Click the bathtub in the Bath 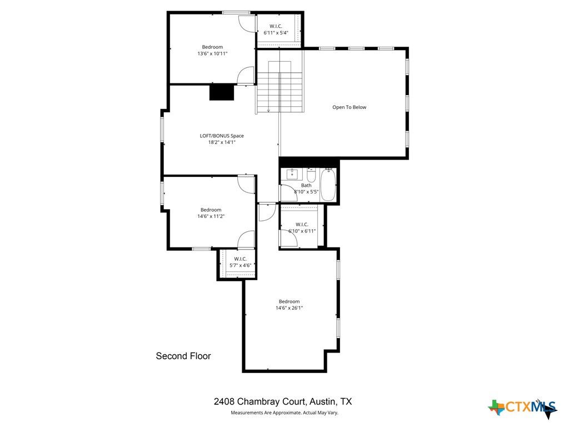point(328,186)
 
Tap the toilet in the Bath point(311,176)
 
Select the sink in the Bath point(293,175)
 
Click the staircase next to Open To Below point(280,86)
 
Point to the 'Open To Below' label point(349,107)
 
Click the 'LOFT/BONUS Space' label point(222,136)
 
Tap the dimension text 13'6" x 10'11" point(212,53)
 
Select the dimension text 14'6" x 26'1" point(289,308)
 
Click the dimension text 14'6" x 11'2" point(211,216)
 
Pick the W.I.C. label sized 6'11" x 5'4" point(276,26)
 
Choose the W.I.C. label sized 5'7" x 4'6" point(240,259)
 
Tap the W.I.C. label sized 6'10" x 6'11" point(302,225)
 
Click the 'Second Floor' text point(183,356)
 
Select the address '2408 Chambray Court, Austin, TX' point(283,401)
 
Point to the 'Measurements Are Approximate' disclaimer point(284,413)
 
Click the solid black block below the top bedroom point(222,92)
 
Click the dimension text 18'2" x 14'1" point(222,142)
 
